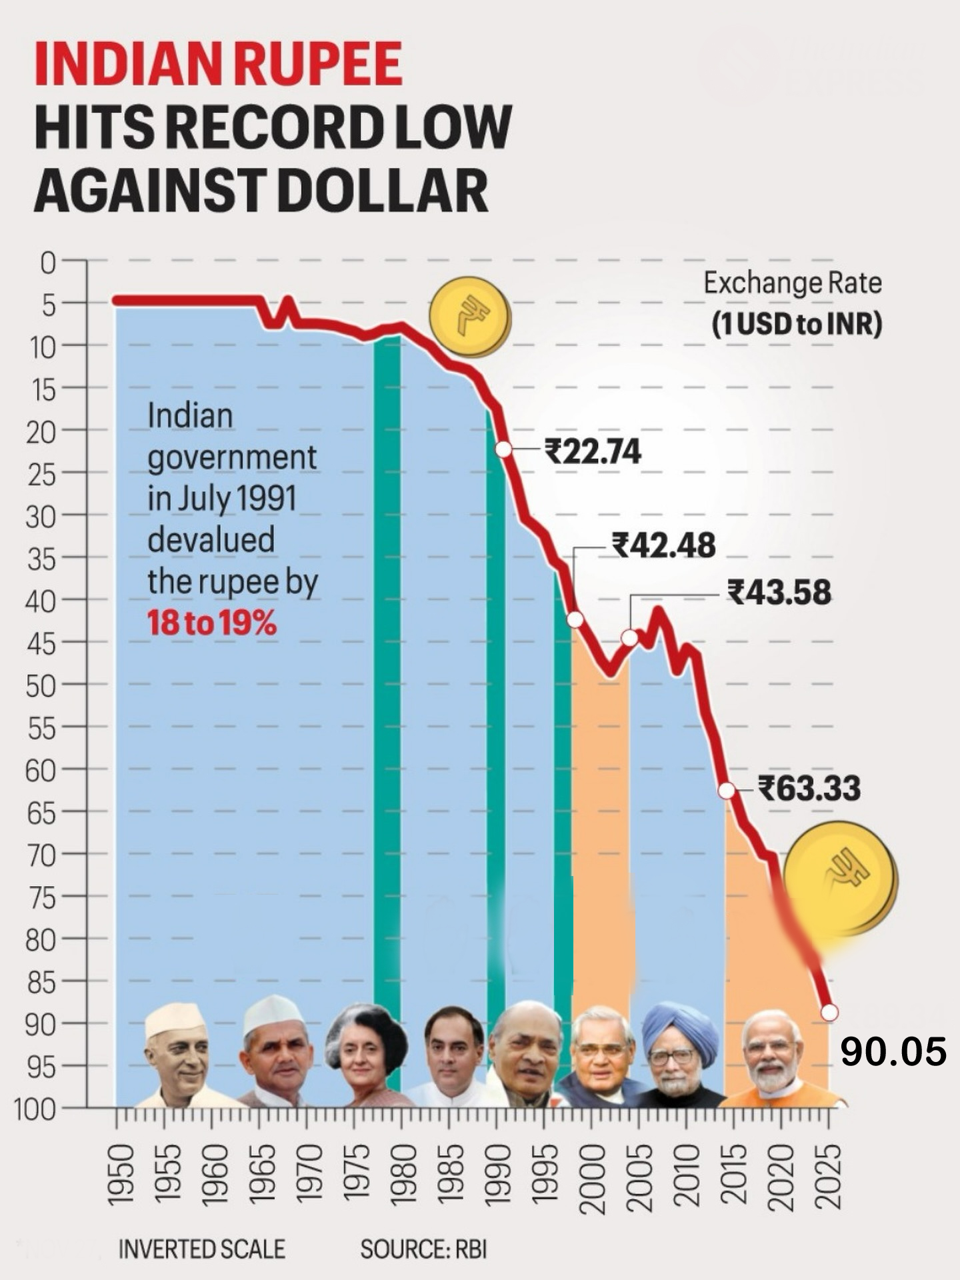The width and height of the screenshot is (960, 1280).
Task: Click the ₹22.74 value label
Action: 593,451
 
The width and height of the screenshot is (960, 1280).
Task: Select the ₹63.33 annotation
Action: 809,788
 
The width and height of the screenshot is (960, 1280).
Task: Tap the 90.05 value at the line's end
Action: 893,1052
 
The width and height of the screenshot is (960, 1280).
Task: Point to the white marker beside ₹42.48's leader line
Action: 575,620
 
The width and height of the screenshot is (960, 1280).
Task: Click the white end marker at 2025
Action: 829,1012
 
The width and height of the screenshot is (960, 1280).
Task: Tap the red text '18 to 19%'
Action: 211,624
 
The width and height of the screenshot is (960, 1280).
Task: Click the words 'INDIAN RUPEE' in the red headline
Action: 218,64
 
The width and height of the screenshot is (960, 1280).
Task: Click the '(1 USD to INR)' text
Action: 797,325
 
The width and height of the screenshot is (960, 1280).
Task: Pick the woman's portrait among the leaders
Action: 365,1053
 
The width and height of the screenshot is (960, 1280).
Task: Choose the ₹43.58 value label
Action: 779,592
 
